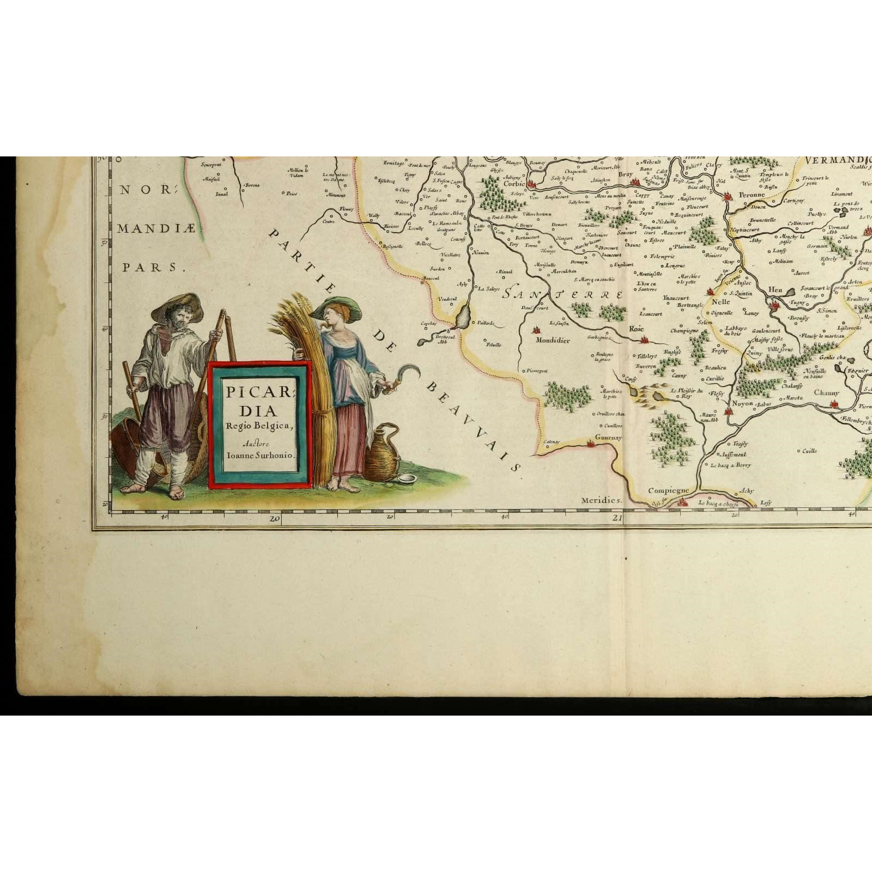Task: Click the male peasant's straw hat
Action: pos(177,306)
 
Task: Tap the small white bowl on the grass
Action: pos(407,478)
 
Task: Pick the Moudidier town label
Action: pos(553,340)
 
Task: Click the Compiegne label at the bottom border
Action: pos(668,491)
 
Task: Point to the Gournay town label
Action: pos(608,437)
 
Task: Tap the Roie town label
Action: pos(636,329)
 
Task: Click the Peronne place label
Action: pos(752,195)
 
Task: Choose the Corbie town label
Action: pos(514,184)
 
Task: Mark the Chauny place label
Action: pos(827,392)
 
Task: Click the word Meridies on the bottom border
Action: pos(601,500)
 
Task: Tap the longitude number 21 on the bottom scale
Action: pos(617,518)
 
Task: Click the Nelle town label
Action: pos(720,301)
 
